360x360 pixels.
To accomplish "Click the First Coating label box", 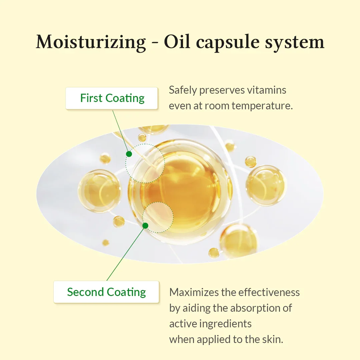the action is (112, 98).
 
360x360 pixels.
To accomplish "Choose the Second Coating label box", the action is (106, 292).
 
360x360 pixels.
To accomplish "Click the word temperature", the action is (262, 106).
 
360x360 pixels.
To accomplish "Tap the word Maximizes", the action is (194, 292).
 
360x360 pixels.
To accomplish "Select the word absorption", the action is (248, 308).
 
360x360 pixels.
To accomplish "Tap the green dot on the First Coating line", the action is (129, 154).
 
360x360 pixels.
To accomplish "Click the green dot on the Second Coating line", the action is (145, 226).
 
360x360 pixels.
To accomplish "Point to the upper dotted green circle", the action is (126, 163).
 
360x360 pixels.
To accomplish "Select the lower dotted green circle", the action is (143, 217).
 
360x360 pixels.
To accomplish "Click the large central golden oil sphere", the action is (180, 191).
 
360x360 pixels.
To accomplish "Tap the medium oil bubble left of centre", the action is (99, 191).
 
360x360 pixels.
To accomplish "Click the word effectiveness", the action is (269, 292).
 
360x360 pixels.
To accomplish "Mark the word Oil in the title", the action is (177, 42).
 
